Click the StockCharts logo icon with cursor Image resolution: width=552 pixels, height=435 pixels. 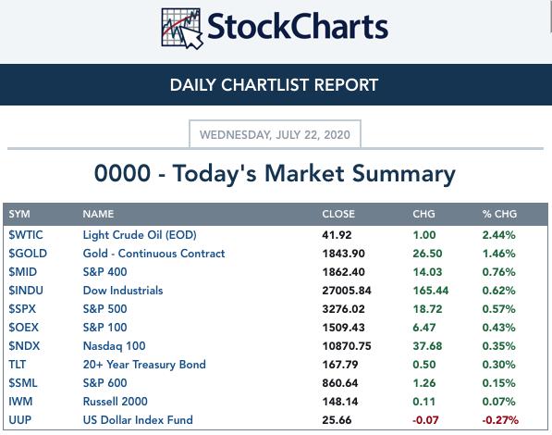(182, 29)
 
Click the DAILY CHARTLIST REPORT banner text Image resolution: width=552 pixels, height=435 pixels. (274, 85)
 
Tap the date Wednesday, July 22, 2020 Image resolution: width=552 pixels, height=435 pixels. (275, 134)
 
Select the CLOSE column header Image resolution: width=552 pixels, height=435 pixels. (338, 214)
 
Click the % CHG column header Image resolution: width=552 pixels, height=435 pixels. (499, 214)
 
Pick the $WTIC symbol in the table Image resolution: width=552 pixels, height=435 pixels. (26, 235)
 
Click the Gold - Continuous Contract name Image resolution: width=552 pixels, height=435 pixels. (153, 254)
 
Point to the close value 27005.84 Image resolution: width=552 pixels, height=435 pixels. (347, 291)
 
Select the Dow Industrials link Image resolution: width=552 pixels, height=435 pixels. (123, 291)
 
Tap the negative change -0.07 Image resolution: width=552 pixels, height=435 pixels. (425, 420)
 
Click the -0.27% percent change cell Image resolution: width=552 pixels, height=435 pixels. (500, 420)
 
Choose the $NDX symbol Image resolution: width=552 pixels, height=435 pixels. (24, 346)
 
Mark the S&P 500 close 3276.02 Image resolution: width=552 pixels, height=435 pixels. (344, 309)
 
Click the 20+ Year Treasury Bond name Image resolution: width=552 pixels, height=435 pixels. (144, 365)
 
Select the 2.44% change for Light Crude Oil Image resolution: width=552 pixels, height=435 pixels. (499, 235)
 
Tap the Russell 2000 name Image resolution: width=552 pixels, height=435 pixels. (116, 402)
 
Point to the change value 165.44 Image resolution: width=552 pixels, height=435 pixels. (431, 291)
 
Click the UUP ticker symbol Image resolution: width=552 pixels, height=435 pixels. (20, 420)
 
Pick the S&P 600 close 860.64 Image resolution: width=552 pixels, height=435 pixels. (340, 383)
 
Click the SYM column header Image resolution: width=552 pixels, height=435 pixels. (19, 214)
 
